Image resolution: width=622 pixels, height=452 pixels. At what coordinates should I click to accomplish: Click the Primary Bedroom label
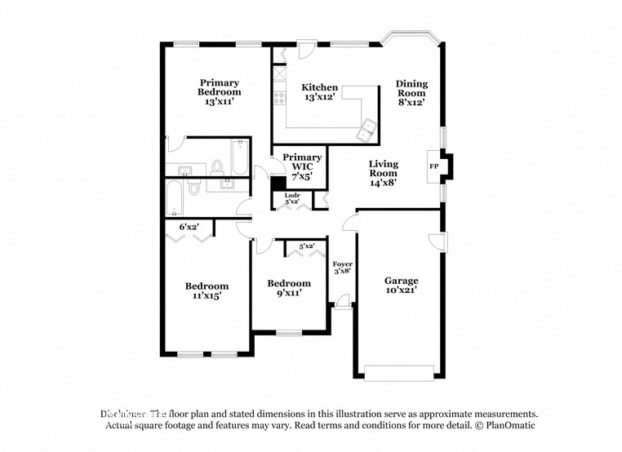coord(219,92)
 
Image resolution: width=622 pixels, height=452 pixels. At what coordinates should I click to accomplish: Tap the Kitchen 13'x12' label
coord(319,92)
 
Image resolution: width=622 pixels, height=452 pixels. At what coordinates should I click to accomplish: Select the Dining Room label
coord(411,93)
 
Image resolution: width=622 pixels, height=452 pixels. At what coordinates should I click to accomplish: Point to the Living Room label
coord(383,173)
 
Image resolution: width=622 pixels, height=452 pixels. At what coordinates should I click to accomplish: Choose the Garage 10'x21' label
coord(401,285)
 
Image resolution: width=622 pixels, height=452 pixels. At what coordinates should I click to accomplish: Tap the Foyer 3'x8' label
coord(343,268)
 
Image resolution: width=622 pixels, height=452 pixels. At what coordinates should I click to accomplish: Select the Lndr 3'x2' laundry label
coord(292,198)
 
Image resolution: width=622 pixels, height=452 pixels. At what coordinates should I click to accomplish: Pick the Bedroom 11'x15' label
coord(207,291)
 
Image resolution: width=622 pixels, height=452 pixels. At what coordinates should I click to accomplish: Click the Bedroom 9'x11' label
coord(289,288)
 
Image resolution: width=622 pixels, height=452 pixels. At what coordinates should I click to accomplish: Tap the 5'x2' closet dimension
coord(308,246)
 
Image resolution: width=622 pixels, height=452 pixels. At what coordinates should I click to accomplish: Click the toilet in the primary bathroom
coord(217,166)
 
